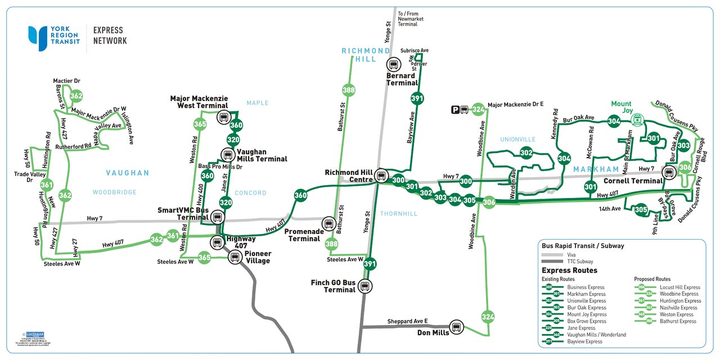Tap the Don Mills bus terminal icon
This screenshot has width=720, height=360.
click(456, 327)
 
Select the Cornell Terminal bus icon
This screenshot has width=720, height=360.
click(669, 172)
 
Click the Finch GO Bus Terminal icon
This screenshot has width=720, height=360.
click(364, 287)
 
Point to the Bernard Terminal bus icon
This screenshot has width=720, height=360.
click(393, 65)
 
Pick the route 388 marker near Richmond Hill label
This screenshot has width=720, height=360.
click(349, 90)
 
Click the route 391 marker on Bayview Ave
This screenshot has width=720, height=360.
click(417, 99)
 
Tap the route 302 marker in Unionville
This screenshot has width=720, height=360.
click(526, 153)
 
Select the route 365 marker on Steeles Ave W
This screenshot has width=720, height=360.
click(205, 258)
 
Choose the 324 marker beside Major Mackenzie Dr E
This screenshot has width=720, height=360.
click(478, 109)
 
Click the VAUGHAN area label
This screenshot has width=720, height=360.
click(128, 173)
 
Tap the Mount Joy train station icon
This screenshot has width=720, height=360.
click(637, 119)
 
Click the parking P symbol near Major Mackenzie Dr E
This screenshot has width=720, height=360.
click(454, 110)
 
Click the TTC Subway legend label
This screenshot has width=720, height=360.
click(581, 262)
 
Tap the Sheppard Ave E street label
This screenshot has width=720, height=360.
click(407, 321)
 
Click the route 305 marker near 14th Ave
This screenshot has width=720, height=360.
click(641, 210)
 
